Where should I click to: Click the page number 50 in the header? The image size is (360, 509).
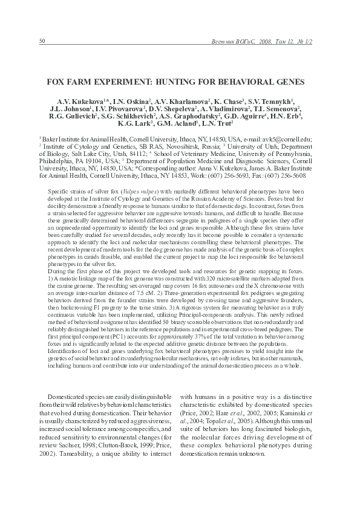point(42,41)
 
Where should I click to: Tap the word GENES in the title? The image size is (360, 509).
point(287,80)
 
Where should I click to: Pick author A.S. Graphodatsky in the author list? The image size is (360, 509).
point(189,115)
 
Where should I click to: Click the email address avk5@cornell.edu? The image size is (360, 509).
point(284,138)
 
